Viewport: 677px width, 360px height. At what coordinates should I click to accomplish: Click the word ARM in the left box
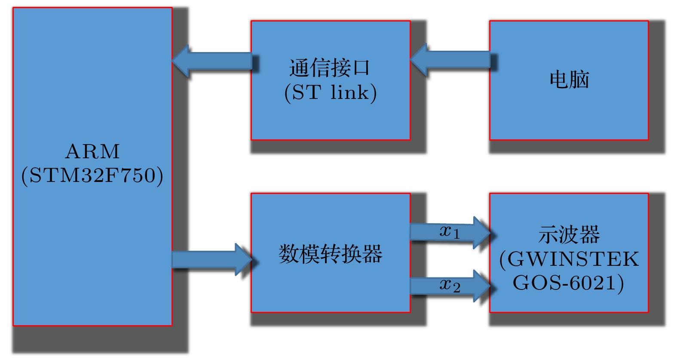[x=92, y=151]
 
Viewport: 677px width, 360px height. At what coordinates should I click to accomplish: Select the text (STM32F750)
[x=92, y=175]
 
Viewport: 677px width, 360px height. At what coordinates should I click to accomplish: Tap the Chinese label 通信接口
[x=330, y=68]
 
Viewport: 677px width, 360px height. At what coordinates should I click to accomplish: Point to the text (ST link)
[x=330, y=92]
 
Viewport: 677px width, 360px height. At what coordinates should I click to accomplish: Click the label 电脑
[x=569, y=80]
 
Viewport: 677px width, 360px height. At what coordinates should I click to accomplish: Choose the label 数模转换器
[x=330, y=254]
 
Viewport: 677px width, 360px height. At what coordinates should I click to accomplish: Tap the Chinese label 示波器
[x=569, y=235]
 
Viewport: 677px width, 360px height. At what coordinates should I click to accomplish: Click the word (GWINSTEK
[x=569, y=259]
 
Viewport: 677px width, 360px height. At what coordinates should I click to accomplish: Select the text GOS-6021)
[x=568, y=283]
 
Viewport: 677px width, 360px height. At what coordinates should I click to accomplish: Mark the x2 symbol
[x=450, y=285]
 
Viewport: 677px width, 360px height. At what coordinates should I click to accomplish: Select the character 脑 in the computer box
[x=579, y=80]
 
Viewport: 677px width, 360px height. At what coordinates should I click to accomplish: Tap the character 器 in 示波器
[x=590, y=235]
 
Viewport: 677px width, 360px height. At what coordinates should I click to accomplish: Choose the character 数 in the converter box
[x=289, y=254]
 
